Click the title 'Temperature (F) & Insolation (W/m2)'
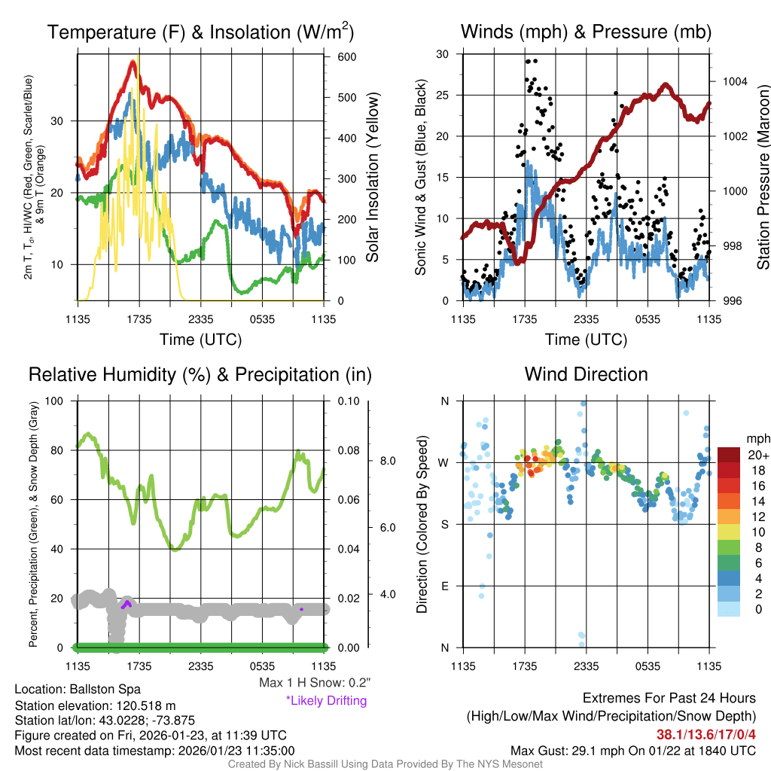tap(200, 32)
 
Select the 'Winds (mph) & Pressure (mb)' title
tap(586, 32)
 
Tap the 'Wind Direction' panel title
tap(586, 374)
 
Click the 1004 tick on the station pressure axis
tap(733, 81)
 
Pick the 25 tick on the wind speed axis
tap(443, 96)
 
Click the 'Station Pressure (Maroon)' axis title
tap(762, 178)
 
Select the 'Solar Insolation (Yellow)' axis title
tap(372, 178)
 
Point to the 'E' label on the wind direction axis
tap(444, 586)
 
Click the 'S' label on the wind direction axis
tap(444, 524)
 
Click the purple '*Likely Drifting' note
tap(326, 701)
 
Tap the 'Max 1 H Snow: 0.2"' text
tap(314, 683)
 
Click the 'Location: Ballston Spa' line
tap(77, 689)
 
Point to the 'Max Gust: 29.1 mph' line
tap(632, 750)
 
